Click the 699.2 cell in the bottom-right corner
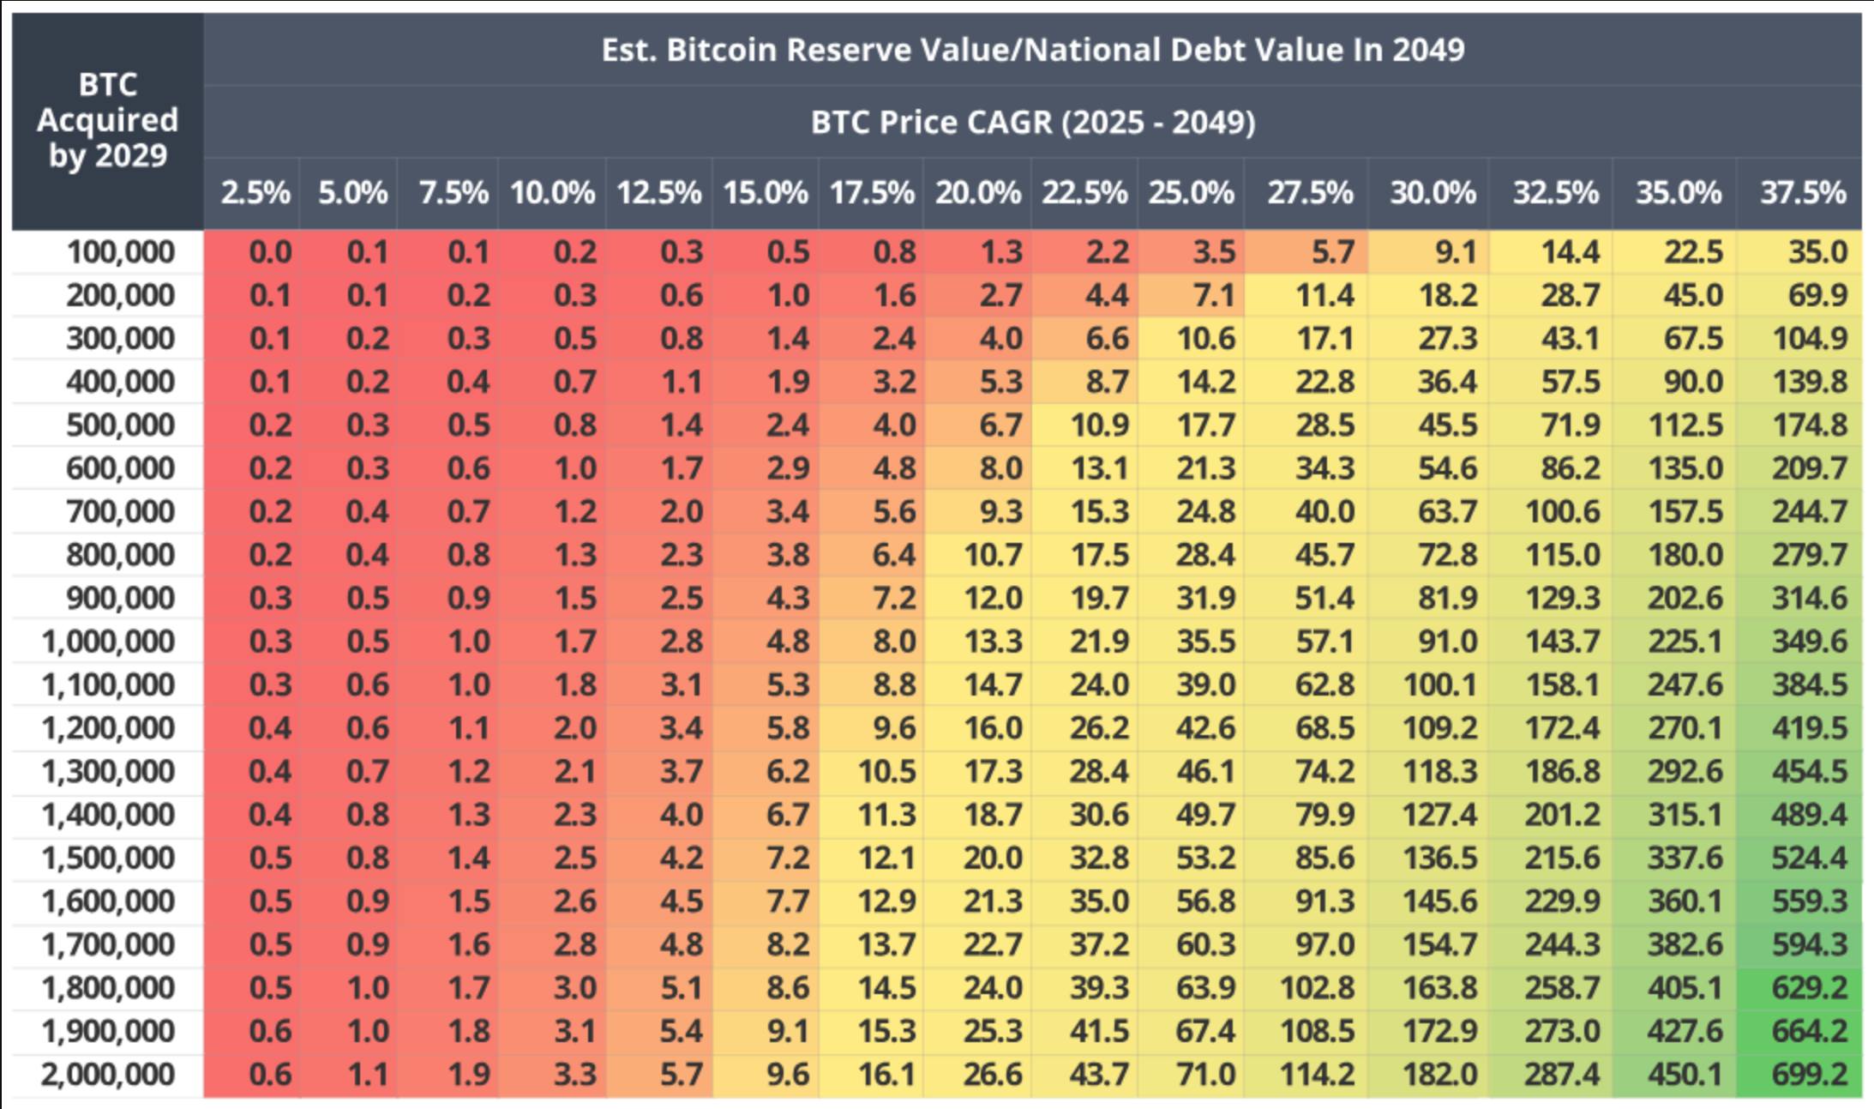point(1809,1074)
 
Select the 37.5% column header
point(1802,192)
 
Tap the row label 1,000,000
point(108,642)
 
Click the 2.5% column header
point(255,192)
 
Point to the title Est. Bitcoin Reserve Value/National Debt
point(1032,50)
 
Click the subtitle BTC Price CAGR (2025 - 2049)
point(1032,122)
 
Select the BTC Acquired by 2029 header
point(107,120)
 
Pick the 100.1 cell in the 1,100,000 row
point(1439,684)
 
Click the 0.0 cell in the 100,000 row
point(270,252)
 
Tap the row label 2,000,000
point(108,1074)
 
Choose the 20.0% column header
point(977,192)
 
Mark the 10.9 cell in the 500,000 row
point(1099,425)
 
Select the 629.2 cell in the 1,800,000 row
point(1809,988)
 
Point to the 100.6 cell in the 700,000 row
point(1562,512)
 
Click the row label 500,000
point(120,425)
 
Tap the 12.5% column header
point(658,192)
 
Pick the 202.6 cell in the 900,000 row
point(1685,598)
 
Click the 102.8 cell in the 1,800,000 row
point(1317,988)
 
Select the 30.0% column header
point(1433,192)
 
